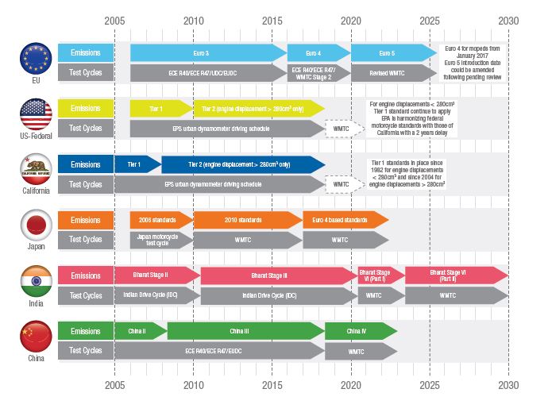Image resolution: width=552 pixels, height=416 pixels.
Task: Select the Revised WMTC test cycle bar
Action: click(389, 72)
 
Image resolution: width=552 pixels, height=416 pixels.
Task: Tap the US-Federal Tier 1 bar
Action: click(160, 108)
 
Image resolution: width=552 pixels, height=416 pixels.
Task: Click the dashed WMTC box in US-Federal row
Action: click(341, 128)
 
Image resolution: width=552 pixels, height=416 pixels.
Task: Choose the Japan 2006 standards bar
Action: click(160, 220)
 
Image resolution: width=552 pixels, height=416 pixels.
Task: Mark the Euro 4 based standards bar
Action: click(344, 220)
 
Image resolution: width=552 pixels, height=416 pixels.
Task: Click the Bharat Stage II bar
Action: click(156, 275)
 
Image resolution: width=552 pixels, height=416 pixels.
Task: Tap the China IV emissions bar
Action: click(360, 331)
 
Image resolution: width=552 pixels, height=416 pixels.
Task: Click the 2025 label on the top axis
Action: click(430, 20)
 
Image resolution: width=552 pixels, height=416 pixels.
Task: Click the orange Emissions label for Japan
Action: click(85, 220)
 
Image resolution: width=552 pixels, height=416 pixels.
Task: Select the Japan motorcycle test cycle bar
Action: click(160, 239)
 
